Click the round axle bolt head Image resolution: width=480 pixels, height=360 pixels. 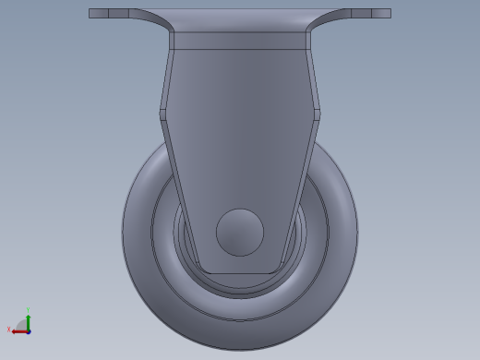(240, 233)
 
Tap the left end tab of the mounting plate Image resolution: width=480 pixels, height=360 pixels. (99, 13)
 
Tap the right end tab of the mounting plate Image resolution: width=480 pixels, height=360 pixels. (380, 13)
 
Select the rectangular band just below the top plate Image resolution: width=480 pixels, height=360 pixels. (240, 41)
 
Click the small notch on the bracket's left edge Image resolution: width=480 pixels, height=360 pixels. (163, 114)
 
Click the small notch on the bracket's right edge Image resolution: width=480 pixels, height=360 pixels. (317, 114)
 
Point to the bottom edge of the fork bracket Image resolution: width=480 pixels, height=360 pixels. (240, 273)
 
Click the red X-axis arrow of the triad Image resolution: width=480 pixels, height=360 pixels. (18, 331)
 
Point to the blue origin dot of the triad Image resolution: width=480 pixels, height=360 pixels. (29, 331)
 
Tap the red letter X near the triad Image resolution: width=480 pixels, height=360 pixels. (9, 330)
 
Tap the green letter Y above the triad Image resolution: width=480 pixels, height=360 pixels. (28, 310)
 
